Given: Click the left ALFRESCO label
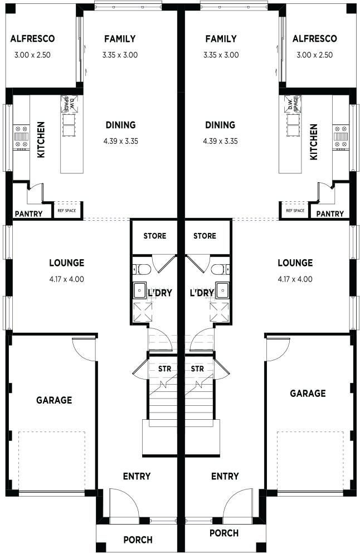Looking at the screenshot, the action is coord(32,38).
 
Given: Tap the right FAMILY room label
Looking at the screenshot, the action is coord(221,38).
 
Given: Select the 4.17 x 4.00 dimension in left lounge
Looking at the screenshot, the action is coord(67,279).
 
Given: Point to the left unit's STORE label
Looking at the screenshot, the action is coord(155,236).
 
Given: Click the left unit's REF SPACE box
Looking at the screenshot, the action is coord(67,211).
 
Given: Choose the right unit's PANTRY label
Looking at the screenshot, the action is coord(330,214).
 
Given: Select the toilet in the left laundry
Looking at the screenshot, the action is coord(142,270).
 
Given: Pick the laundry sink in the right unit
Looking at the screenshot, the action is coord(221,290).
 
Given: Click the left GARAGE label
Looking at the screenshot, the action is coord(54,400).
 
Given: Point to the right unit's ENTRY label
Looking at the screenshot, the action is coord(225,476).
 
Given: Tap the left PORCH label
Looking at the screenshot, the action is coord(138,540).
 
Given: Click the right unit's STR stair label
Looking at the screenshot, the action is coord(197,369).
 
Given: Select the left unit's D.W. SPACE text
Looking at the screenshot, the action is coord(69,103).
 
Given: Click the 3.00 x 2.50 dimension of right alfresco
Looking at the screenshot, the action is coord(314,55).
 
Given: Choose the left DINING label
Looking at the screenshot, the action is coord(120,125).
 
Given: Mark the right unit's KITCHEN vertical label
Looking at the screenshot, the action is coord(313,142).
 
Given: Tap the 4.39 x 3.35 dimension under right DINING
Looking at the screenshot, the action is coord(220,142).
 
